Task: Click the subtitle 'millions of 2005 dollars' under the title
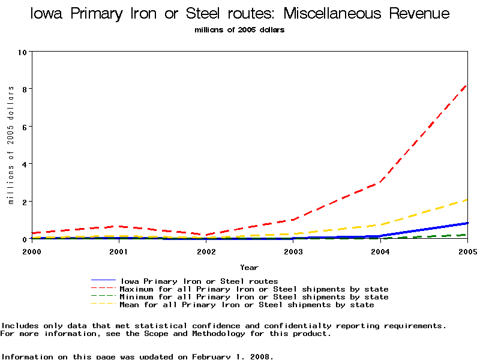coord(239,30)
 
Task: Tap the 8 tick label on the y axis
coord(25,89)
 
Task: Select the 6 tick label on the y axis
coord(25,127)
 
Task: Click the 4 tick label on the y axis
coord(25,164)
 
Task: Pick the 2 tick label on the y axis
coord(25,202)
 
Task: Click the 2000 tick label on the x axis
coord(32,251)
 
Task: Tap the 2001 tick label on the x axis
coord(119,251)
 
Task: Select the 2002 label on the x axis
coord(206,251)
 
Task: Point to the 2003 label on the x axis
coord(293,251)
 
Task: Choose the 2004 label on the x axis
coord(380,251)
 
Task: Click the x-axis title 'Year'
coord(249,268)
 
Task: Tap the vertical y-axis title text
coord(11,145)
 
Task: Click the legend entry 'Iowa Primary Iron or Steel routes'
coord(199,281)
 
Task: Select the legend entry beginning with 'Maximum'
coord(254,289)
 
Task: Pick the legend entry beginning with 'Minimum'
coord(254,297)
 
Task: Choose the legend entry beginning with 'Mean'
coord(247,305)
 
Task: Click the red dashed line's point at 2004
coord(380,182)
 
